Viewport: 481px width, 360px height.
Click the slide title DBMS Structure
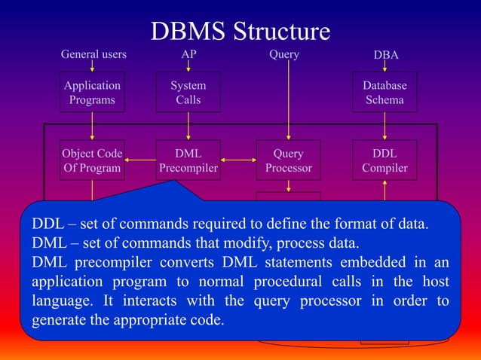coord(240,31)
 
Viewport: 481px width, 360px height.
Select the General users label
coord(93,55)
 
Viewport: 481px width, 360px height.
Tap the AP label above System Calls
coord(188,55)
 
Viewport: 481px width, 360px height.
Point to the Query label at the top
coord(284,55)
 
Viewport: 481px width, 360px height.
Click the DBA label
coord(386,56)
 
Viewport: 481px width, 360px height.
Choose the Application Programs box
coord(92,93)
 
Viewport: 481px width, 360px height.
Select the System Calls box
coord(188,93)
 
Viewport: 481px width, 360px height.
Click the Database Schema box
coord(384,93)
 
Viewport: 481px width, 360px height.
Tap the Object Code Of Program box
coord(92,161)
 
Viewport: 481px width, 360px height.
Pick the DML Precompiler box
coord(188,161)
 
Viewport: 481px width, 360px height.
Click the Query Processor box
coord(288,161)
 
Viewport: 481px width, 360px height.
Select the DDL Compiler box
coord(384,161)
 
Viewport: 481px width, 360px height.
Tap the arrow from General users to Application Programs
coord(92,66)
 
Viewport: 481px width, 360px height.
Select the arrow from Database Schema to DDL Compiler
coord(384,126)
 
